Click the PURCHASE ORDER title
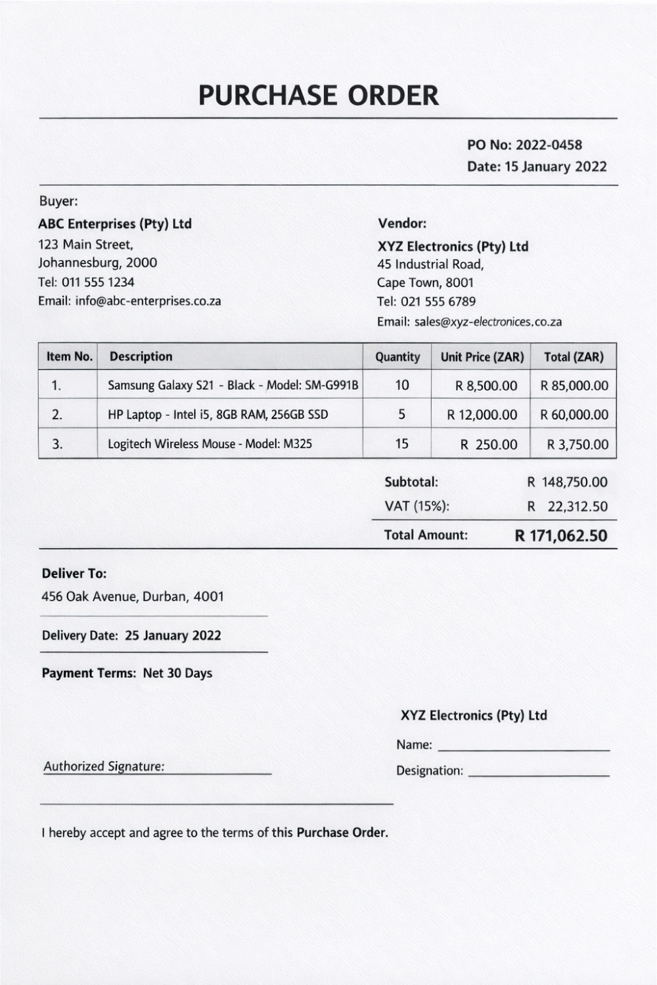coord(319,96)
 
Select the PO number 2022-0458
coord(549,145)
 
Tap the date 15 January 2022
coord(555,167)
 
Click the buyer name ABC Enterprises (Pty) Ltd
coord(115,224)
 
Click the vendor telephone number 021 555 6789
coord(438,302)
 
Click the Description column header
coord(141,357)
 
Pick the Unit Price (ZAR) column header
coord(482,357)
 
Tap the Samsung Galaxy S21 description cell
coord(233,386)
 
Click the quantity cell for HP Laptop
coord(401,415)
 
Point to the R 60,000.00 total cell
coord(574,415)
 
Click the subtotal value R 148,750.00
coord(567,482)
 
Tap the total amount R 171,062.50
coord(561,536)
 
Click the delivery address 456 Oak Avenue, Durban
coord(133,597)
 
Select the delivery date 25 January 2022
coord(173,636)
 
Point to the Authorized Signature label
coord(104,766)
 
